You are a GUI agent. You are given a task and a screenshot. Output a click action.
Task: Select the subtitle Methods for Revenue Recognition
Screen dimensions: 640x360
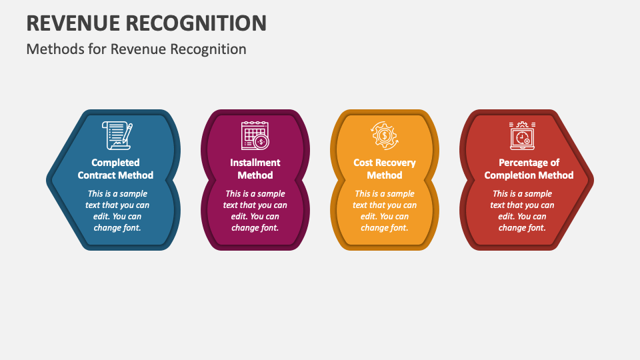point(136,49)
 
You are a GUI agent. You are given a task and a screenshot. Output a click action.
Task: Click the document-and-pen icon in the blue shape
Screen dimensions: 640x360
point(117,135)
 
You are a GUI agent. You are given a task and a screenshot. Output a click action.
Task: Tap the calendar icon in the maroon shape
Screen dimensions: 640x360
point(255,135)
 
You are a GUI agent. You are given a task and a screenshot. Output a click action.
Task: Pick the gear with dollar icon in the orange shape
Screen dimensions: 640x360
point(385,135)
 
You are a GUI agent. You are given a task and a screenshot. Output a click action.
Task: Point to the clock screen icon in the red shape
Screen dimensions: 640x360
point(522,135)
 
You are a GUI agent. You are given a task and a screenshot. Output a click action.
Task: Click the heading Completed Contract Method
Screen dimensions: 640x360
point(115,169)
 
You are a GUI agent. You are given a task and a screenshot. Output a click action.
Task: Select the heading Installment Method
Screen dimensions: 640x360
point(255,169)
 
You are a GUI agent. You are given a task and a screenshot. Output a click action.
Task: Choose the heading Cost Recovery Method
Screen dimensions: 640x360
point(385,169)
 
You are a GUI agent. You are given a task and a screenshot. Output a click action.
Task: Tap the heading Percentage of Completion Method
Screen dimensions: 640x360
point(529,169)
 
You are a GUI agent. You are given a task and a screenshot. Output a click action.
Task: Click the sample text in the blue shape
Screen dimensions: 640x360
point(117,211)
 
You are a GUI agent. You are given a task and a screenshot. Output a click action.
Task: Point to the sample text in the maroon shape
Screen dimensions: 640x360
point(255,211)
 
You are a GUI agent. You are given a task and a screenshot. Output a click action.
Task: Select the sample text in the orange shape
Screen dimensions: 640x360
point(385,211)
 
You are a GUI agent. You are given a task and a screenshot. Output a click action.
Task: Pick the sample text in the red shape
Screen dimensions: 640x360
point(522,211)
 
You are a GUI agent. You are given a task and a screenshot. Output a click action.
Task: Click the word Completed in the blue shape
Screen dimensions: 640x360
point(115,163)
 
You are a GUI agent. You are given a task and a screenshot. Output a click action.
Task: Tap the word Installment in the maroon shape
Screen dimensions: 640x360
point(255,163)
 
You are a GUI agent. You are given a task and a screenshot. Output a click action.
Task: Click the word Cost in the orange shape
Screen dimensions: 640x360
point(363,163)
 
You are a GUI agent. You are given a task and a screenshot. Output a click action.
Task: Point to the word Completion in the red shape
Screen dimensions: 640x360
point(509,175)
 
